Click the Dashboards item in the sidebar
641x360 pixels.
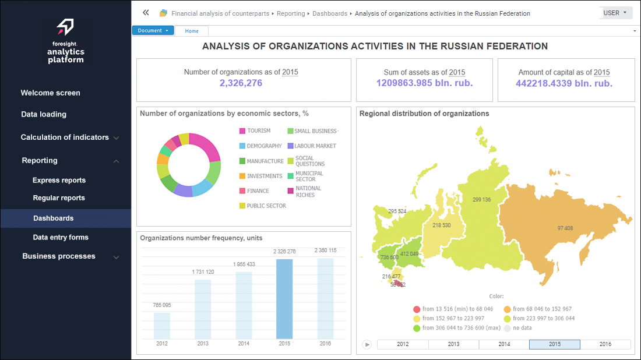click(x=53, y=218)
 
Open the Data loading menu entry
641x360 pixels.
click(x=44, y=115)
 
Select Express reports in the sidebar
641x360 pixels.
click(x=59, y=181)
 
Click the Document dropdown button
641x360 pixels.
click(x=153, y=31)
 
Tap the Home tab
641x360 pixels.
click(x=192, y=31)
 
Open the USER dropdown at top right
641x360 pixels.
click(x=615, y=13)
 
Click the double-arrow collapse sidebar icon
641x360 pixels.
click(x=146, y=13)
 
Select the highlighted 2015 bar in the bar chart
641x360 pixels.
click(x=284, y=299)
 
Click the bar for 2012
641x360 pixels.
click(x=162, y=326)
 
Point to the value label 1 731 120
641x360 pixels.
click(x=203, y=272)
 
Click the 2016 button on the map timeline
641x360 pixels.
click(x=605, y=344)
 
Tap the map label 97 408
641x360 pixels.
click(x=565, y=228)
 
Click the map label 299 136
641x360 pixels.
click(x=481, y=200)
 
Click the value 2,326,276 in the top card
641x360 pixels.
click(x=241, y=83)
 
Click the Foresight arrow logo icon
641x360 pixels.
click(x=65, y=27)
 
